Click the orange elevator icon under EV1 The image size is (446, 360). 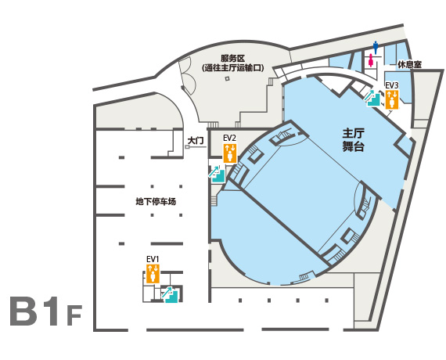153,274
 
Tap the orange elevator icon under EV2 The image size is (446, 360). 230,153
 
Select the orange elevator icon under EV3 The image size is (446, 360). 392,99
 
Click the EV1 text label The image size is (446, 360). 153,259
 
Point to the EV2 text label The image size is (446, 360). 229,139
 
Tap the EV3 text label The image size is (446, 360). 392,85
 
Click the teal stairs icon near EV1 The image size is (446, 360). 170,294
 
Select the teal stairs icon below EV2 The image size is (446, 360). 217,174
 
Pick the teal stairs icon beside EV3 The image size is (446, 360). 372,98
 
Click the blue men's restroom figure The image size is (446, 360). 376,48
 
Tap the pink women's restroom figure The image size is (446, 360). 371,60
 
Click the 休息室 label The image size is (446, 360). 409,65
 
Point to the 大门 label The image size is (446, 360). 196,141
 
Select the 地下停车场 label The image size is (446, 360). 156,201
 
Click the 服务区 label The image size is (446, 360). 232,59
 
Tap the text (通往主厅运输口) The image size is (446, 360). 232,68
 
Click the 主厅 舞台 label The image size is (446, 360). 353,140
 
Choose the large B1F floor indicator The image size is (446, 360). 46,311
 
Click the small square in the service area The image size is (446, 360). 227,78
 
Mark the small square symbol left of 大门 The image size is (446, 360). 187,147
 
